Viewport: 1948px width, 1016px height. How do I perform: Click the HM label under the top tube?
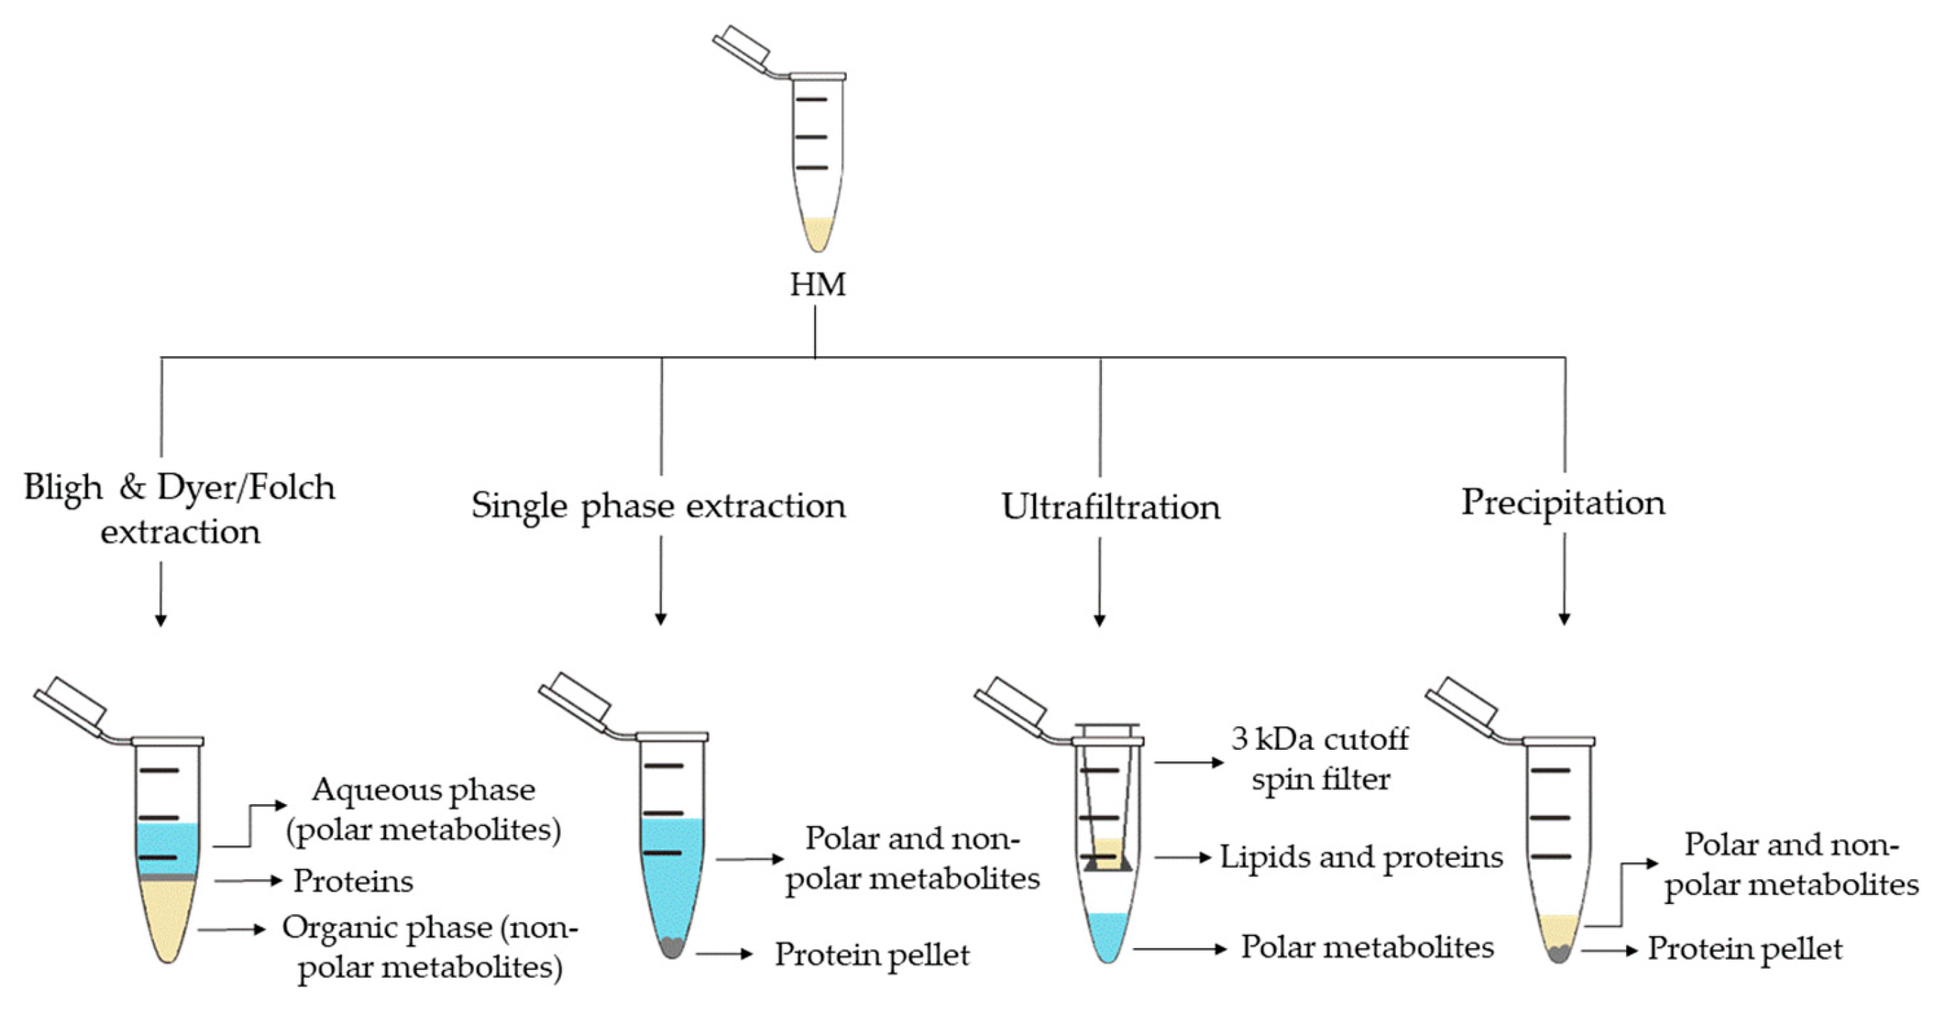[817, 285]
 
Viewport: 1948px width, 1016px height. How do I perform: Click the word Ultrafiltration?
[1110, 507]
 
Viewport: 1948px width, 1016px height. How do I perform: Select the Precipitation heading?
[1562, 502]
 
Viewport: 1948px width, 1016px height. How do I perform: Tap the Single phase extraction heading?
[658, 506]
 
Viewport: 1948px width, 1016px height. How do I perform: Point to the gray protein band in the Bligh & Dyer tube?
[168, 877]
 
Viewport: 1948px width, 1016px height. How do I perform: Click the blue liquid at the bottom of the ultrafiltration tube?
[1107, 934]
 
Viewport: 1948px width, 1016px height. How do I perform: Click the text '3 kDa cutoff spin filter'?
[1319, 759]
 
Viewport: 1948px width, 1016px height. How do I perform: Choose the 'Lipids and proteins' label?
[1361, 857]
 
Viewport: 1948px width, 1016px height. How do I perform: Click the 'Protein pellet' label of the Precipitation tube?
[1744, 949]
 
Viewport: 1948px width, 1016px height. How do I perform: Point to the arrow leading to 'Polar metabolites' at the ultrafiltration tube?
[1180, 948]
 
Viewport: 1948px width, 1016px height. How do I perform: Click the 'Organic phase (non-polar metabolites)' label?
[429, 947]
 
